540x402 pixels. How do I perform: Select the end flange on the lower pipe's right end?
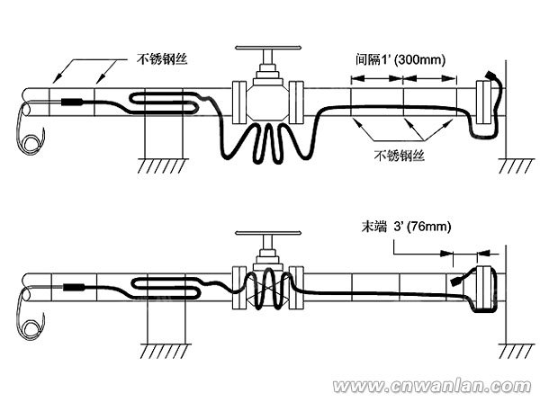click(485, 289)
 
